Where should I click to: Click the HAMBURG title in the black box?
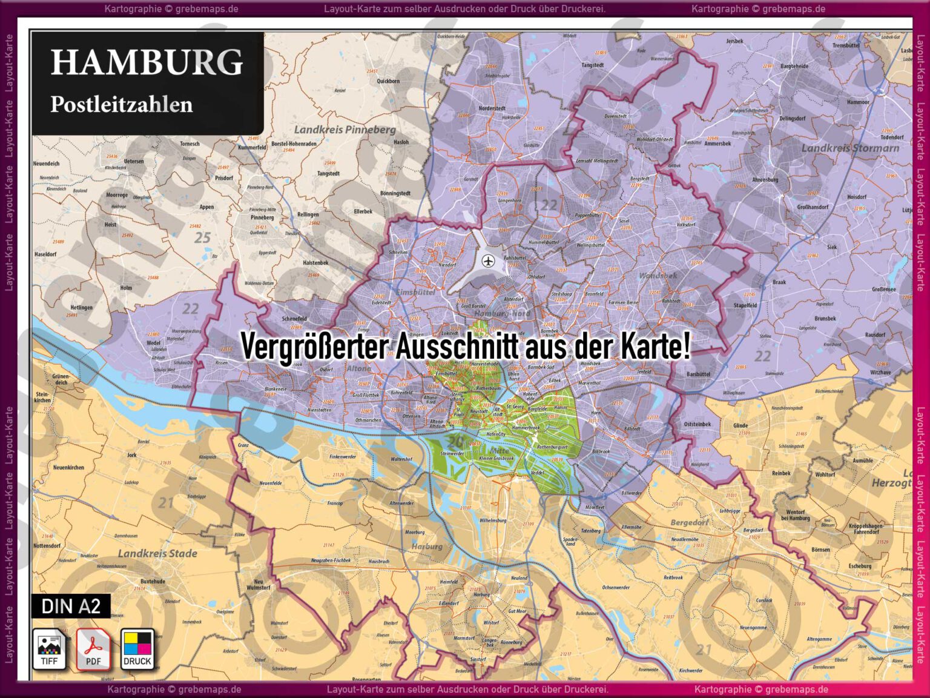point(147,62)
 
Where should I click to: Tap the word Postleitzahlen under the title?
point(121,104)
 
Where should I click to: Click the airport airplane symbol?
point(489,261)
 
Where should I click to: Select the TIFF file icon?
point(49,648)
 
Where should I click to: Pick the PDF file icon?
point(93,648)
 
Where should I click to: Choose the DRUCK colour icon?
point(137,648)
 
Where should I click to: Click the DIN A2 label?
point(71,606)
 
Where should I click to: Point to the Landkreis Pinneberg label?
point(345,129)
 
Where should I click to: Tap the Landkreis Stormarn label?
point(850,148)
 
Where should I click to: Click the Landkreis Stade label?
point(157,553)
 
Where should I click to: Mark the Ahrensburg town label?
point(765,179)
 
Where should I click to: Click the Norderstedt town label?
point(492,108)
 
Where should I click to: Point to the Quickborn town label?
point(388,81)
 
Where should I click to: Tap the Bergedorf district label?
point(689,522)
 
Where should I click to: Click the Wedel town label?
point(154,343)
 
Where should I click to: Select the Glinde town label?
point(740,425)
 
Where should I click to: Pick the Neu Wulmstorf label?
point(259,585)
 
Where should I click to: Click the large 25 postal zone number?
point(202,238)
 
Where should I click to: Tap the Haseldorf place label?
point(45,254)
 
